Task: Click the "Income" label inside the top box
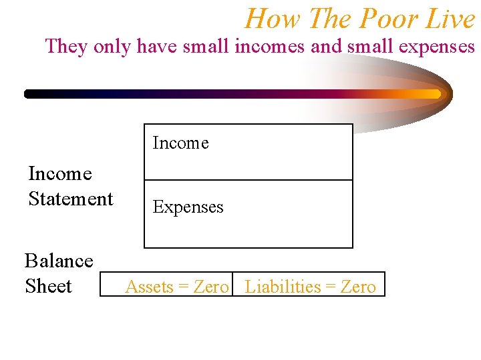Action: point(180,143)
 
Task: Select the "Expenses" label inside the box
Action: point(188,207)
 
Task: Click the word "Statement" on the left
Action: point(71,199)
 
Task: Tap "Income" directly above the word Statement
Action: point(60,173)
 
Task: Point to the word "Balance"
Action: point(59,260)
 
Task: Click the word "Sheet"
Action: point(48,286)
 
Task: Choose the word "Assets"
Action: point(149,287)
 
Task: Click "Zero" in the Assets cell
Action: point(211,287)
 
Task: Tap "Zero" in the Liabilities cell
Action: point(358,287)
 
